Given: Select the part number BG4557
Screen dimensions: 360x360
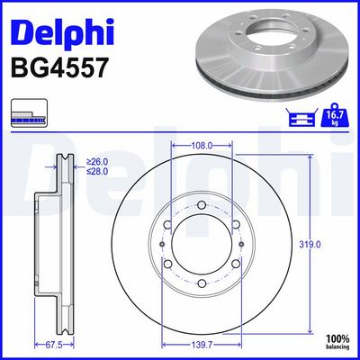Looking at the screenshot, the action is [58, 68].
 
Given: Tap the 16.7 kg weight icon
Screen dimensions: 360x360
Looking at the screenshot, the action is [335, 115].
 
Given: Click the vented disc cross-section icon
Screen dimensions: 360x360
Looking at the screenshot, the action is [29, 112].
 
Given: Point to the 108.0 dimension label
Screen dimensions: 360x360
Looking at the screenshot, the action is [202, 146].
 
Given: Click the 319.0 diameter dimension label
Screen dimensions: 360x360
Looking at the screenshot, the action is [310, 245].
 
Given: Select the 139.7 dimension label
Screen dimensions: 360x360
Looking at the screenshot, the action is [202, 346].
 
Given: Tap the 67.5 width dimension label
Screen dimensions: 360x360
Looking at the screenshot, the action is [53, 346].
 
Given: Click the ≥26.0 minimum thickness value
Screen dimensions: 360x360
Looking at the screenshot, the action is [97, 162].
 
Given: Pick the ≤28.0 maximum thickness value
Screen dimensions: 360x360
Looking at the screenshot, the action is [97, 172].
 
